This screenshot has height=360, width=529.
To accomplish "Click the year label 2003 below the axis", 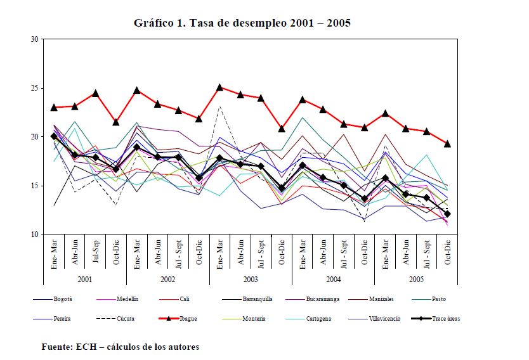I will click(x=250, y=279).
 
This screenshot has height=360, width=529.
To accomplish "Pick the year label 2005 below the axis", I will click(x=415, y=279).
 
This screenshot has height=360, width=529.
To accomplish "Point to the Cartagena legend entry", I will click(x=355, y=319).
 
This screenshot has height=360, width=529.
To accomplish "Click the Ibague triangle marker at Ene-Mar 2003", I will click(x=219, y=87).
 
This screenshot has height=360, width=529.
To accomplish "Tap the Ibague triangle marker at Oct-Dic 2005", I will click(x=448, y=144).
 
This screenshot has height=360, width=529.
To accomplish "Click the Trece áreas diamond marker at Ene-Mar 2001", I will click(x=54, y=136).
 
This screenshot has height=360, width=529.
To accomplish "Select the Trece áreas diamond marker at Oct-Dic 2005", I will click(x=448, y=214).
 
